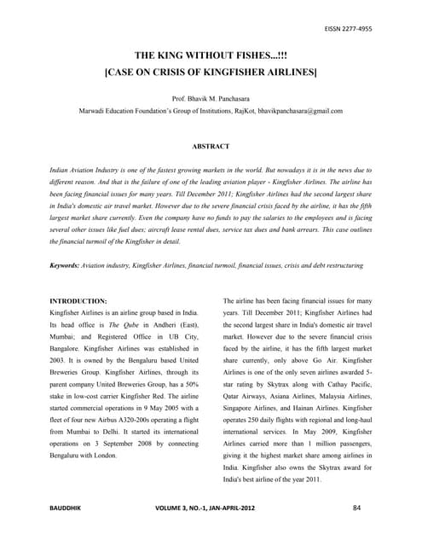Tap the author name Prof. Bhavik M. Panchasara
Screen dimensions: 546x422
tap(211, 100)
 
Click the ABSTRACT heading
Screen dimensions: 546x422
tap(211, 147)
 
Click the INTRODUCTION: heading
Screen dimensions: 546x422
tap(78, 302)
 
